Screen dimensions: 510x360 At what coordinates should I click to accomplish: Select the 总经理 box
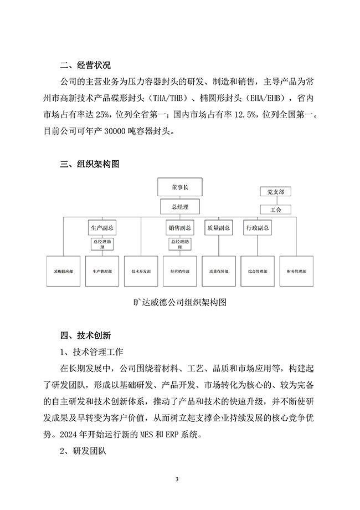point(180,207)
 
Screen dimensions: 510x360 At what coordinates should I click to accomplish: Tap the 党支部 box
point(275,192)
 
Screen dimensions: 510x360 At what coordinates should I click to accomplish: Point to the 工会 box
point(275,211)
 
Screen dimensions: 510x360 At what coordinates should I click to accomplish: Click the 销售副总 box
point(180,228)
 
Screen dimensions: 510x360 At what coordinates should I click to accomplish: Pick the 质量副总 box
point(215,228)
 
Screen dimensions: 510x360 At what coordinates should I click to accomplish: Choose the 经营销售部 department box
point(179,271)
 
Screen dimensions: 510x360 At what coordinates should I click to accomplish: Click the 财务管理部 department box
point(296,271)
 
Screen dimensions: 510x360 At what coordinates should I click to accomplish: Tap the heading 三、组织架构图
point(89,164)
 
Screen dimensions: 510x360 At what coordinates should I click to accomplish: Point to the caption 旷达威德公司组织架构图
point(181,303)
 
